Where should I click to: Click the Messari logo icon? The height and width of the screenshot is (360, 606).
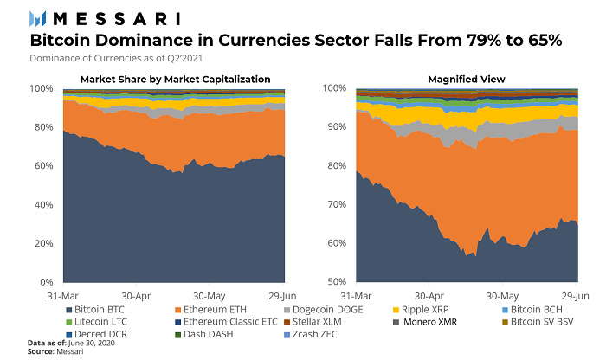[39, 18]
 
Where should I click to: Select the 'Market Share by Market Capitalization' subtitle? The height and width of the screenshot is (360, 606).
[176, 80]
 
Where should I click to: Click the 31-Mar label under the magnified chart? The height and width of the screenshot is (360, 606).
[358, 294]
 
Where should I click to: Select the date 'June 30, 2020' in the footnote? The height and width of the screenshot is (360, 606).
[93, 344]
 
